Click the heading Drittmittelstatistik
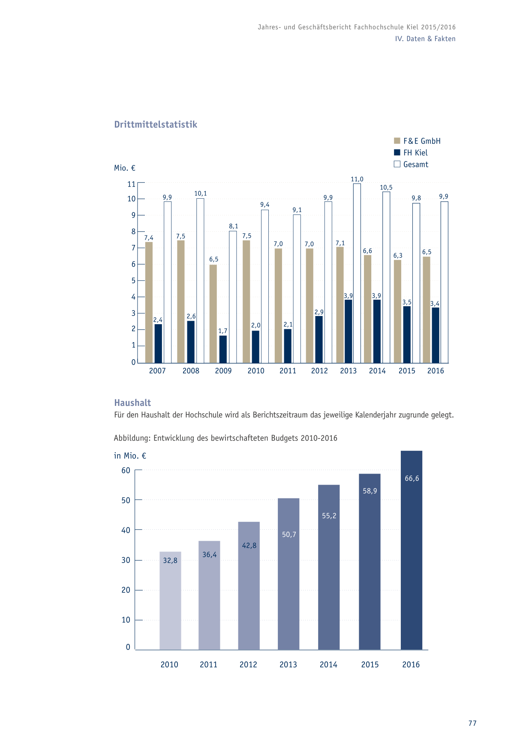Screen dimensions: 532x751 156,125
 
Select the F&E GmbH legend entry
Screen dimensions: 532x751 417,141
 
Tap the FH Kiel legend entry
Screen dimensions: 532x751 411,152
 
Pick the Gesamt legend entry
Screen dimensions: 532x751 411,164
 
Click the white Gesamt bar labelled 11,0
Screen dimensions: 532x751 357,273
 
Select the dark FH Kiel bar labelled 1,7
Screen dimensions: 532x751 223,349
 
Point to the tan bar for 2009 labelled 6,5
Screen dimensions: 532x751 213,314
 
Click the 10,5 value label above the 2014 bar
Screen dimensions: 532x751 386,188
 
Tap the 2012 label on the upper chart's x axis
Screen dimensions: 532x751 319,371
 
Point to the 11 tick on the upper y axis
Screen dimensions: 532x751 131,184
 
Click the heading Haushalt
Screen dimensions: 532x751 132,402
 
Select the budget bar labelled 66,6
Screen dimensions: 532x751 412,550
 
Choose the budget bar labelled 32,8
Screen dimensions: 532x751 170,601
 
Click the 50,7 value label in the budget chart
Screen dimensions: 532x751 289,534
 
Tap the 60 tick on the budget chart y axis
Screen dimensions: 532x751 126,470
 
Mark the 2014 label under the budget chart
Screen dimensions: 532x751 328,665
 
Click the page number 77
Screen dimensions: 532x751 472,723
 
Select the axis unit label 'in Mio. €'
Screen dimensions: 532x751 130,456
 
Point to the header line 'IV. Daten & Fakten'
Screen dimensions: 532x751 425,39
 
